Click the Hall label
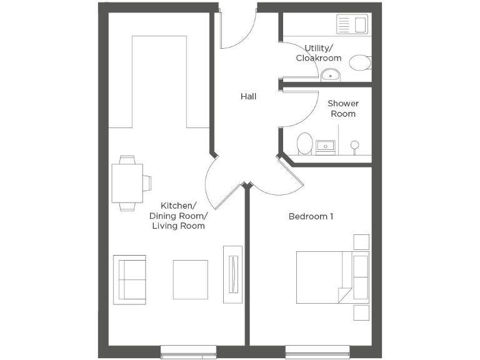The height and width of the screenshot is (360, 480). point(248,97)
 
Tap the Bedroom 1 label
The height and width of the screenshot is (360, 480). point(311,216)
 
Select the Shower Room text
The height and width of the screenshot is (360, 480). point(342,108)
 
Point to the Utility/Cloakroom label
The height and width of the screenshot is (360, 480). point(318,53)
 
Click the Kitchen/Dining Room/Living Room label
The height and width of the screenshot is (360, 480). point(178,216)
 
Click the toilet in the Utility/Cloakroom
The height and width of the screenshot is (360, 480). point(359,62)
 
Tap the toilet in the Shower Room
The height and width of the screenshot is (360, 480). point(305,143)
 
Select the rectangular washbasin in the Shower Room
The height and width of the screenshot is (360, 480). point(326,147)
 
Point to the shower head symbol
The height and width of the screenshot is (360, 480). point(354,146)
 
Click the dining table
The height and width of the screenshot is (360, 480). point(127,182)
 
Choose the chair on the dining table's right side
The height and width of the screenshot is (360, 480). point(147,182)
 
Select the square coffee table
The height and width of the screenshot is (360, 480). point(190,279)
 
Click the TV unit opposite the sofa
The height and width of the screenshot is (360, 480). point(232,274)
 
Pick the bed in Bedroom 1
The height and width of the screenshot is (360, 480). point(331,277)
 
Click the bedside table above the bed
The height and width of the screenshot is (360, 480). point(361,242)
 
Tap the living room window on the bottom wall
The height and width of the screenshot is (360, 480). point(188,352)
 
